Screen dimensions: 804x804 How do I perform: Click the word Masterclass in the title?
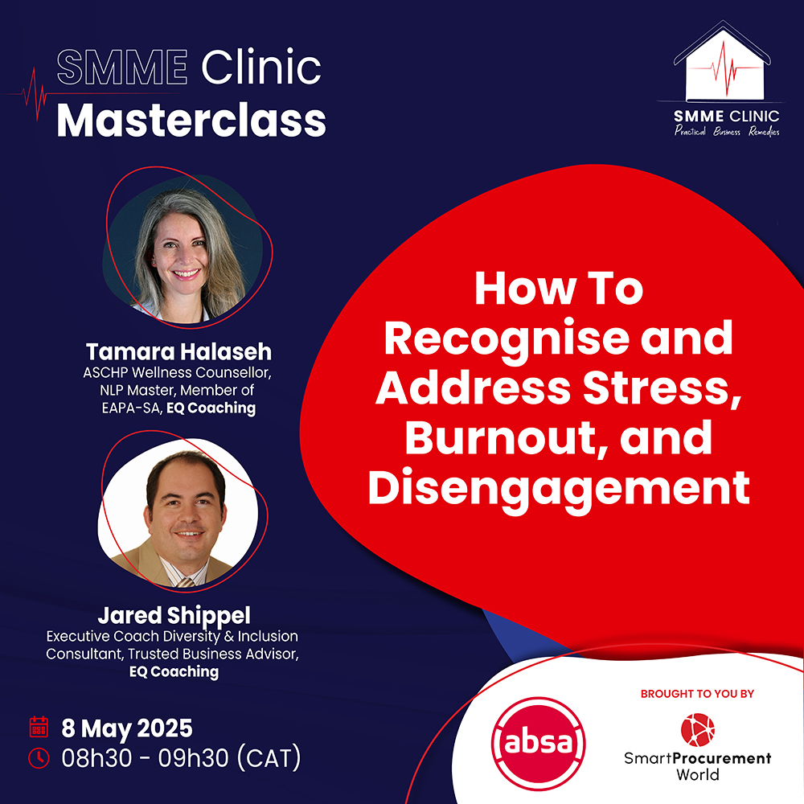click(191, 121)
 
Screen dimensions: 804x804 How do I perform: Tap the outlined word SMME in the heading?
click(122, 68)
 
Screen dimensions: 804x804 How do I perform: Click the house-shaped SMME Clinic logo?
click(722, 61)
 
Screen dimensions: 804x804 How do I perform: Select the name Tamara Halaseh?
click(178, 352)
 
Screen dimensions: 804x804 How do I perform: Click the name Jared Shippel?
click(174, 615)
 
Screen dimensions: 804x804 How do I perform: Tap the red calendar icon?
click(39, 727)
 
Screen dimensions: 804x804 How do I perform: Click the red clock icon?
click(39, 758)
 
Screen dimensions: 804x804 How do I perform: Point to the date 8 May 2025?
click(127, 728)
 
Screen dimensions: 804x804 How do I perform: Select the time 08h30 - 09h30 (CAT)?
click(181, 758)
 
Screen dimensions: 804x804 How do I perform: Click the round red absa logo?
click(538, 743)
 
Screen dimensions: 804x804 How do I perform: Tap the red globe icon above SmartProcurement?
click(697, 730)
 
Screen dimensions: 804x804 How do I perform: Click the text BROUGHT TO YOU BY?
click(697, 694)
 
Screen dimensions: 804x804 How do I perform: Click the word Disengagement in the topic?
click(559, 489)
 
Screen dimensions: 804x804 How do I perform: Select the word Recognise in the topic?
click(507, 339)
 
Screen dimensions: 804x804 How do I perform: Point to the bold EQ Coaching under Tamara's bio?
click(211, 408)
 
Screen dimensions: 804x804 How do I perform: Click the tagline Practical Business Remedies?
click(727, 131)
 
